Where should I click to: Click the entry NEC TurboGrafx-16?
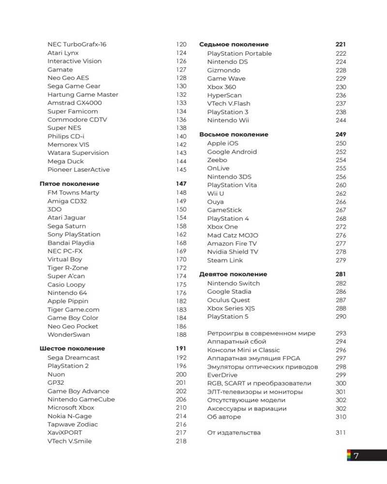pos(77,45)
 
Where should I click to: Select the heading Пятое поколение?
pos(69,184)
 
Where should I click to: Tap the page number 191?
pos(181,348)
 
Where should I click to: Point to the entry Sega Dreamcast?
pos(74,358)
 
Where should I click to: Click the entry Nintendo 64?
pos(67,293)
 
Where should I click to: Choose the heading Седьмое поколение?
pos(234,45)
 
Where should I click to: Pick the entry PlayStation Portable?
pos(239,54)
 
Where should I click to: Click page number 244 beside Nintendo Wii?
pos(341,121)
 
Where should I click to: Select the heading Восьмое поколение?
pos(234,135)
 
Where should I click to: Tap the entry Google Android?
pos(232,152)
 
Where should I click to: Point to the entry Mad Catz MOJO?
pos(233,235)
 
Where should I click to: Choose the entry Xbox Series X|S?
pos(231,308)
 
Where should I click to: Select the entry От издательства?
pos(234,433)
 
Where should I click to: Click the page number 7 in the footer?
pos(356,456)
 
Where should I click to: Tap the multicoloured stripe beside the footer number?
pos(348,455)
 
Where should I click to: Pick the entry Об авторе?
pos(223,417)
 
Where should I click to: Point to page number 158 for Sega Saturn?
pos(181,226)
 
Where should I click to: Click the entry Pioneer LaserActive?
pos(78,170)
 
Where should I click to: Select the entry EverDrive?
pos(222,375)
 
